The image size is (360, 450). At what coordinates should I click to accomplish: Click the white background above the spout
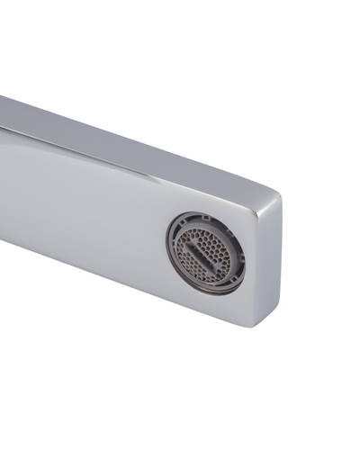(225, 72)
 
